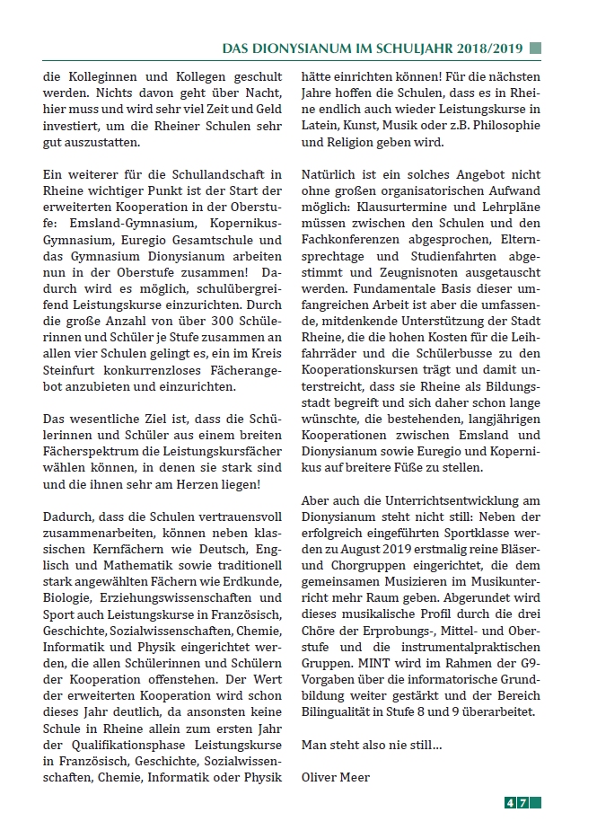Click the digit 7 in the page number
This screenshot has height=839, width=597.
[x=534, y=803]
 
